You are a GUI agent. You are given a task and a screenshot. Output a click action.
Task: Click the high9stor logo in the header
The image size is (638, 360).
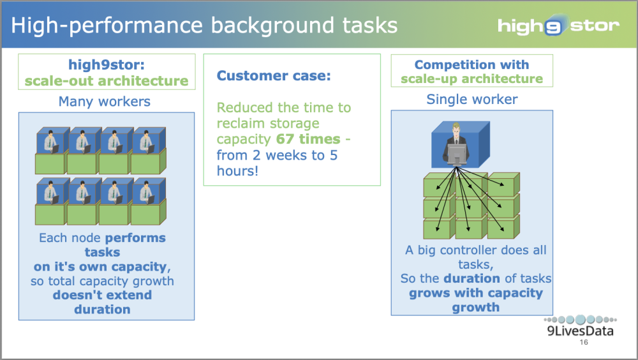click(x=558, y=26)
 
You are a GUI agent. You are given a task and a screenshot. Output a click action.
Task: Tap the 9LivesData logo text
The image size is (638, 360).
click(x=580, y=331)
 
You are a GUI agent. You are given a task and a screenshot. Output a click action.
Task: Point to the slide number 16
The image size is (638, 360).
click(x=584, y=343)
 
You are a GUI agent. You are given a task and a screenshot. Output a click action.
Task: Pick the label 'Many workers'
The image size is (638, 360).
click(x=106, y=101)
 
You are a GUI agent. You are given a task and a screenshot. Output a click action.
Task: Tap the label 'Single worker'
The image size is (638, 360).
click(x=471, y=99)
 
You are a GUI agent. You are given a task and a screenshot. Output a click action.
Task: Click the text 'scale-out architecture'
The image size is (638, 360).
click(x=107, y=81)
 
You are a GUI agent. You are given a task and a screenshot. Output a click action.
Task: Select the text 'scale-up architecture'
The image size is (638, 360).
click(x=471, y=79)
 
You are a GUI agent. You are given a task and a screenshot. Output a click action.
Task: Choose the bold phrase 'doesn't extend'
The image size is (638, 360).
click(x=102, y=295)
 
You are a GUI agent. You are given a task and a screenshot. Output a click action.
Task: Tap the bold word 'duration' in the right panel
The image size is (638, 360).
click(x=471, y=278)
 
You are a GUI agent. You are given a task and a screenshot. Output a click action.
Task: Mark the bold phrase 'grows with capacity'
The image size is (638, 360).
click(x=475, y=293)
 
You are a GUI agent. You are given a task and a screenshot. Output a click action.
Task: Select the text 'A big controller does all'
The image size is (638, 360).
click(x=475, y=250)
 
